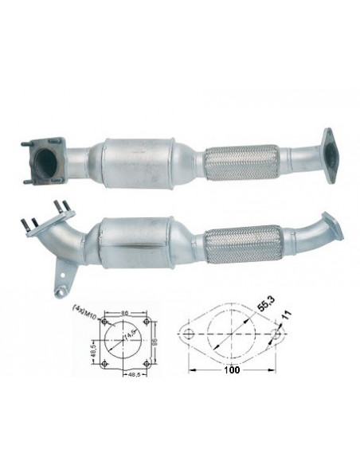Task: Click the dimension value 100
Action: coord(231,370)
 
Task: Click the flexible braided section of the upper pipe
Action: coord(241,163)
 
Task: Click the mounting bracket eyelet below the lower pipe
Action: coord(59,291)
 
